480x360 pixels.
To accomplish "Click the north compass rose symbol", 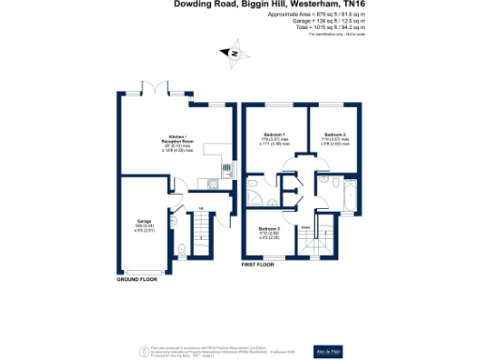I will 233,55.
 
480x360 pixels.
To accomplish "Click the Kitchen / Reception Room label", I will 173,142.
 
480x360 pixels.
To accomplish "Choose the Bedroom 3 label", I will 270,232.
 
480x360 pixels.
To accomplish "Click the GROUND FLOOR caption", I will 137,280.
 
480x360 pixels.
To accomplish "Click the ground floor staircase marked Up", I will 200,234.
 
